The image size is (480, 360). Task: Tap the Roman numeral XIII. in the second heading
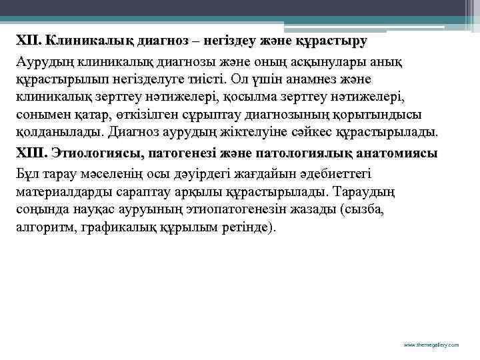tap(31, 153)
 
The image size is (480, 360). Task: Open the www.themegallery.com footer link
tap(432, 345)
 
